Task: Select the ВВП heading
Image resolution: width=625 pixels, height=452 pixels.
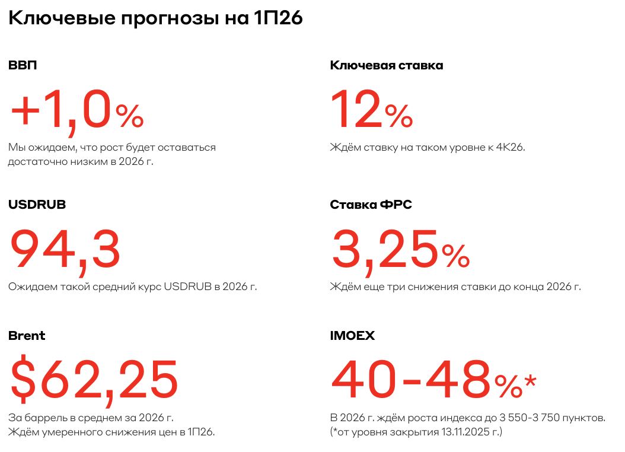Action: tap(23, 65)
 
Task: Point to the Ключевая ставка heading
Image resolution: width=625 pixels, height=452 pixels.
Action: tap(386, 65)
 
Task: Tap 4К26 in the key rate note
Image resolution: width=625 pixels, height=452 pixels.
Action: tap(509, 147)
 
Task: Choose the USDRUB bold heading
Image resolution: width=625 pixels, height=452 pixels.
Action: tap(37, 205)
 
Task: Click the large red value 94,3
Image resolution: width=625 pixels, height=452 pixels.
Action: tap(65, 249)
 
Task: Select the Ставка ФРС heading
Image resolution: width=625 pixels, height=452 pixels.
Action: tap(371, 205)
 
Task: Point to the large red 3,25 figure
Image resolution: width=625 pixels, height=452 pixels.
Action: tap(385, 249)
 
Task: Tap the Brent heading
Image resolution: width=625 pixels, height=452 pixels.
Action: tap(27, 336)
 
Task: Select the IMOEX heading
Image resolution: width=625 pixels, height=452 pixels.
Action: tap(352, 336)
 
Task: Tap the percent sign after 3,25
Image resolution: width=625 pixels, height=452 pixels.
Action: tap(455, 256)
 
